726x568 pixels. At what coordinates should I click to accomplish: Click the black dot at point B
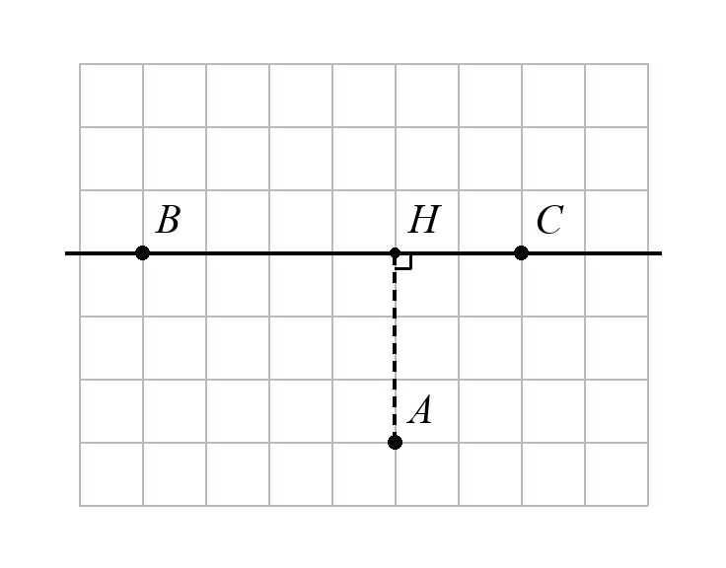143,253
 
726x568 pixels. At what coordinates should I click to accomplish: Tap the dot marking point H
395,253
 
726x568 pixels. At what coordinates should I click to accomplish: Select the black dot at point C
522,253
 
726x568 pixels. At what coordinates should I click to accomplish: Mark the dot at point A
395,443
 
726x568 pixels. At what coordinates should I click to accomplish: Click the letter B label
168,220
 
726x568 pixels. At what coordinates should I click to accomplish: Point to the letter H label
424,220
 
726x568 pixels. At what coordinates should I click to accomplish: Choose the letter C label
550,220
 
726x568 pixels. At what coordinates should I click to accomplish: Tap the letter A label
420,409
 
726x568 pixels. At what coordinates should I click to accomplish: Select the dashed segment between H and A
395,348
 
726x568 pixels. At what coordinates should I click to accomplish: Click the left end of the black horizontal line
65,253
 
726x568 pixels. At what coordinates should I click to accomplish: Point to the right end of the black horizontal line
662,253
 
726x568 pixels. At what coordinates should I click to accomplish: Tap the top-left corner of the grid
80,64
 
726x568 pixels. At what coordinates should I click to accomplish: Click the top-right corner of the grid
648,64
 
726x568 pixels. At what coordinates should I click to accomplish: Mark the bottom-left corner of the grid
80,506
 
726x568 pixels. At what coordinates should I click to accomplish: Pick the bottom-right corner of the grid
648,506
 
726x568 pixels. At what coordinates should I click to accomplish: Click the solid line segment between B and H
268,253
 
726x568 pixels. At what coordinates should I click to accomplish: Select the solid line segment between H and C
459,253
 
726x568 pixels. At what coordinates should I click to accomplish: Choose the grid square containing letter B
175,222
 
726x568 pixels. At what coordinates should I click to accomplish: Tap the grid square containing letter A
427,411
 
